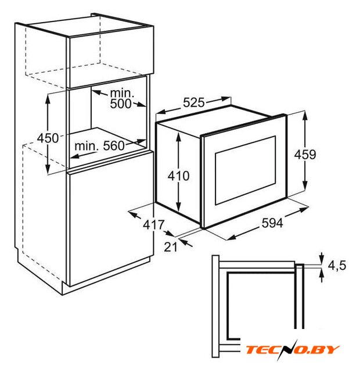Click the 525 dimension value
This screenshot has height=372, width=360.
click(193, 102)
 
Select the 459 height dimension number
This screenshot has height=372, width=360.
click(305, 155)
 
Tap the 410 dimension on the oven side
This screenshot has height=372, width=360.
click(178, 176)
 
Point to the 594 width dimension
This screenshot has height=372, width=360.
click(272, 223)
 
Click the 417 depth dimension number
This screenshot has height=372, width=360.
click(153, 224)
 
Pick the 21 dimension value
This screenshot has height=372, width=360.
click(171, 247)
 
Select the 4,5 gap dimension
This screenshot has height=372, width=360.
click(337, 265)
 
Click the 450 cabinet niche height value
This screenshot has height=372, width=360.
click(48, 138)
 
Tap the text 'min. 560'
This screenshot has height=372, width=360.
click(99, 146)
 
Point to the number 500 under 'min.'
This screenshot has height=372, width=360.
click(121, 103)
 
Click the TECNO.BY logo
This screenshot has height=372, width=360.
click(292, 350)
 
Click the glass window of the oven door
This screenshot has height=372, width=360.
click(245, 170)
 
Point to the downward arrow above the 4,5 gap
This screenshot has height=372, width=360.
click(321, 257)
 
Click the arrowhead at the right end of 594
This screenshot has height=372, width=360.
click(303, 210)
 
